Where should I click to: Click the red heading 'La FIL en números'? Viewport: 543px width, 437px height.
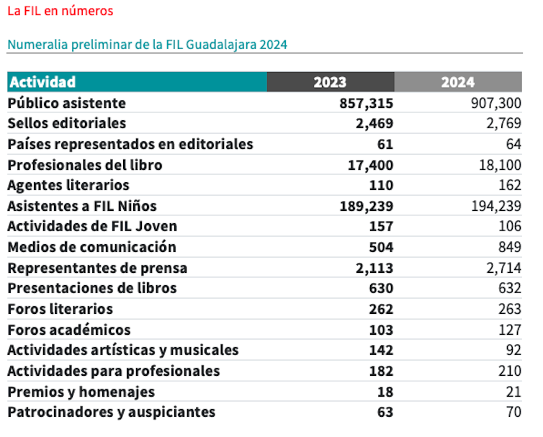point(60,12)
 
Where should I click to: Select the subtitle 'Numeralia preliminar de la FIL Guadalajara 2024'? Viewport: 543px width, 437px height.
point(147,45)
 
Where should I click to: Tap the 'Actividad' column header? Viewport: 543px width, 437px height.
point(42,82)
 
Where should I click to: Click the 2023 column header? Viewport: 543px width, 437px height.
point(330,82)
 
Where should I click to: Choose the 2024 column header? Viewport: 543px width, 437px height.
point(458,82)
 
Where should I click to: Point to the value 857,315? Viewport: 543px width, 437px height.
point(366,103)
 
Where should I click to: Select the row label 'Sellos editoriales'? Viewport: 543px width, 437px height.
point(66,123)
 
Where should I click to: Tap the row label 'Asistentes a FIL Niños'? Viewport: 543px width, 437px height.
point(81,206)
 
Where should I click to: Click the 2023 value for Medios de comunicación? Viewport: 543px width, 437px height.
point(380,247)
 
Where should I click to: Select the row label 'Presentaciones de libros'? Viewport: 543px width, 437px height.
point(91,288)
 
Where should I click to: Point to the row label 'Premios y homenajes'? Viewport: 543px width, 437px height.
point(81,392)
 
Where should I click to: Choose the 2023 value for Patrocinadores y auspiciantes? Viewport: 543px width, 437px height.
point(385,413)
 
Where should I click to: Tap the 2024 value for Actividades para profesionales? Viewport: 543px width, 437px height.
point(508,371)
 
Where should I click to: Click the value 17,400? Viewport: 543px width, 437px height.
point(369,165)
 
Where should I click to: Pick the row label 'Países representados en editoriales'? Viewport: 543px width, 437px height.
point(130,144)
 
